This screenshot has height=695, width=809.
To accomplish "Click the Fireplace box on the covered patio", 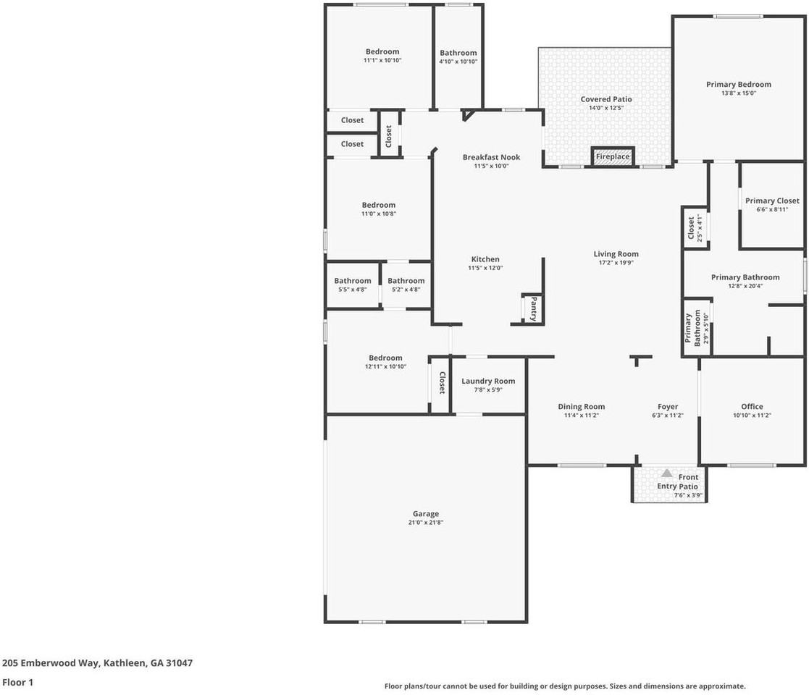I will [x=612, y=156].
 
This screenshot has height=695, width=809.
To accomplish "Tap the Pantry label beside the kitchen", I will [x=533, y=308].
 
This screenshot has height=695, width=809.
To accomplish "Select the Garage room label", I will [x=426, y=514].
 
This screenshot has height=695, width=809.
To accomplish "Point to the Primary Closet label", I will [x=772, y=201].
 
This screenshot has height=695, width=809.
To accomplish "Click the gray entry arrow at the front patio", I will [x=666, y=473].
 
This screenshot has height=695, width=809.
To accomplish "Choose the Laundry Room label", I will [x=488, y=381].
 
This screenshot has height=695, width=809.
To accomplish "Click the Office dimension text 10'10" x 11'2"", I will [x=752, y=416].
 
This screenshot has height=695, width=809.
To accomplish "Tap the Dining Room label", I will [x=581, y=406].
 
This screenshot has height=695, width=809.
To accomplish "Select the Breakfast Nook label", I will [x=491, y=157].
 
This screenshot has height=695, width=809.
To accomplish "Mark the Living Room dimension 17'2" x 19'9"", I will [x=616, y=263].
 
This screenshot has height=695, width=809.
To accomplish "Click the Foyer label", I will [x=668, y=406].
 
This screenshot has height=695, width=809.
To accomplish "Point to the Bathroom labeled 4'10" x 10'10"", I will [x=458, y=53].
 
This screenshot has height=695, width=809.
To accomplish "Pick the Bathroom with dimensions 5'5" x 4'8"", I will [x=353, y=281].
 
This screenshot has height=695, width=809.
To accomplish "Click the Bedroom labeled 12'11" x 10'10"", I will [x=385, y=358].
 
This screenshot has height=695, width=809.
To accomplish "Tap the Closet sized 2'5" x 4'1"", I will [x=691, y=227].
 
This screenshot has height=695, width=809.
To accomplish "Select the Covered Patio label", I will [x=606, y=99].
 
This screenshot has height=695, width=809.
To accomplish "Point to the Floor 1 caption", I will [x=17, y=682].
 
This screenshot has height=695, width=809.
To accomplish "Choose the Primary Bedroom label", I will [x=739, y=84].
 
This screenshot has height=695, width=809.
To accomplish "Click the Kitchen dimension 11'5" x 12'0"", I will [x=485, y=268].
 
